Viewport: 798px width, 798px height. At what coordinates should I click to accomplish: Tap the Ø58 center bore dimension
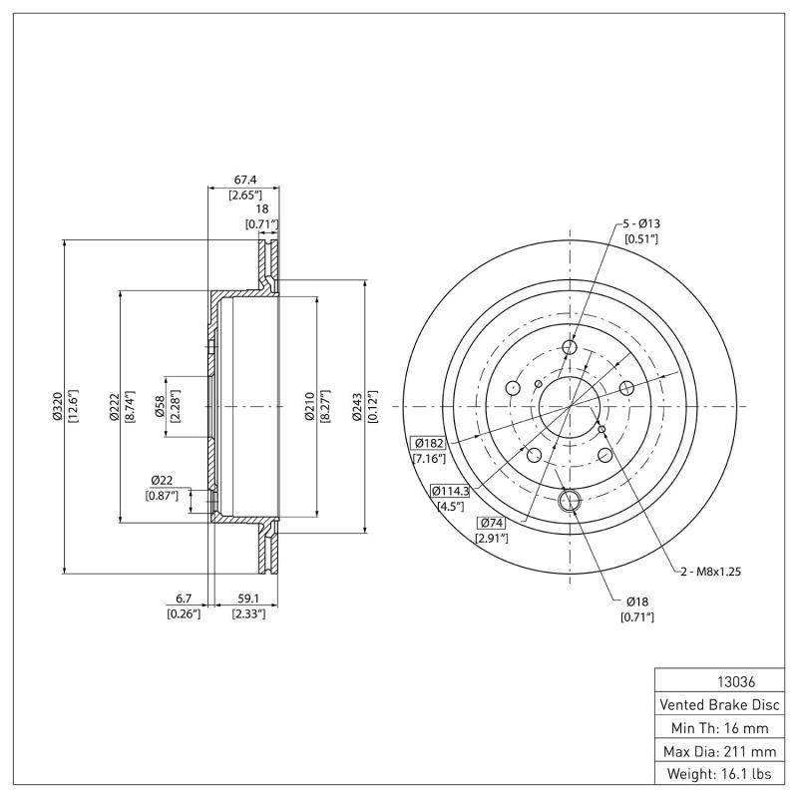pos(161,406)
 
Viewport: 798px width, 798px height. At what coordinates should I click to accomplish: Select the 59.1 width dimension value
pos(246,598)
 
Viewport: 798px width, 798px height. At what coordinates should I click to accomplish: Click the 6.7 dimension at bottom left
pos(184,598)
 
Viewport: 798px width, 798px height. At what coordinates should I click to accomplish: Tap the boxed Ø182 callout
pos(429,442)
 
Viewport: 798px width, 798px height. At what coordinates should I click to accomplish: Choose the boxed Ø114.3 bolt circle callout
pos(450,490)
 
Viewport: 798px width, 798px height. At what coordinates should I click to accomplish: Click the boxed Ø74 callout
pos(493,523)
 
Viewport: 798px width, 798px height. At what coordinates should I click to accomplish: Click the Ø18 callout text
pos(639,601)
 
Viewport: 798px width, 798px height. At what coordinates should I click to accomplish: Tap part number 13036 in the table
pos(722,683)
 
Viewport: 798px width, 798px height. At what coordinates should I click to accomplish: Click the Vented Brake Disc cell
pos(722,704)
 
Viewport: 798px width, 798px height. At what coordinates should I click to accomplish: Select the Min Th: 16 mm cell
pos(722,727)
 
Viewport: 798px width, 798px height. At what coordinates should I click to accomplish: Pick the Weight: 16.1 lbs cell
pos(722,773)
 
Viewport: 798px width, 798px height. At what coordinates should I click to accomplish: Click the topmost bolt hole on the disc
pos(570,347)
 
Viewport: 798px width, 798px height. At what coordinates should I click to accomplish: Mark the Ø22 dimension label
pos(163,480)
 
